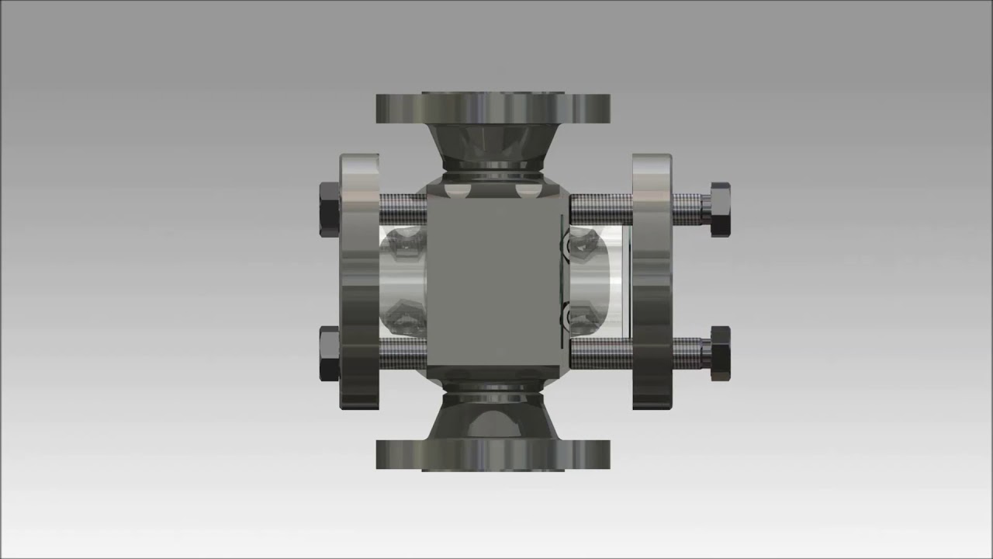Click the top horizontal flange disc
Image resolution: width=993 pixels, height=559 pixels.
pyautogui.click(x=493, y=107)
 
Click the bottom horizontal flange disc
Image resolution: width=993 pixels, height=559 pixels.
pyautogui.click(x=493, y=454)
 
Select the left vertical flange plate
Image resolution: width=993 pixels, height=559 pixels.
pyautogui.click(x=359, y=281)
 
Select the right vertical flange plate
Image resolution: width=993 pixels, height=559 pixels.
pyautogui.click(x=652, y=281)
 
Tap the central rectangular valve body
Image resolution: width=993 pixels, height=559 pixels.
pyautogui.click(x=493, y=281)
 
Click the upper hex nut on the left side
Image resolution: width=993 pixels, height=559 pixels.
pyautogui.click(x=329, y=209)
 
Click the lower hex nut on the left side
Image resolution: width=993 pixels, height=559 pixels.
pyautogui.click(x=329, y=353)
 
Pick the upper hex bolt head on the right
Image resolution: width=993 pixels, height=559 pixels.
pyautogui.click(x=720, y=209)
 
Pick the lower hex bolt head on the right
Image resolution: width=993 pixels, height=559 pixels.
pyautogui.click(x=720, y=353)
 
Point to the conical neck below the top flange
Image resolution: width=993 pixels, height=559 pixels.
pyautogui.click(x=493, y=148)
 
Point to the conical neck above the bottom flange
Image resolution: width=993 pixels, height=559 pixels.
pyautogui.click(x=493, y=415)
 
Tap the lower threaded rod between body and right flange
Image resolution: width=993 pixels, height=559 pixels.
pyautogui.click(x=601, y=354)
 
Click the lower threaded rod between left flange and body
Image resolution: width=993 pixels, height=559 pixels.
pyautogui.click(x=403, y=354)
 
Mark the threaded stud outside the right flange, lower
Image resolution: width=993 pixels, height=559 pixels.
pyautogui.click(x=690, y=354)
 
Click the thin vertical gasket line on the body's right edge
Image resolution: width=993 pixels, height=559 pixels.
pyautogui.click(x=561, y=281)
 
